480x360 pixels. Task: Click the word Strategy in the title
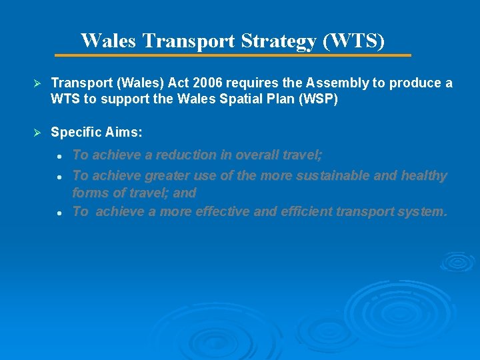pos(279,41)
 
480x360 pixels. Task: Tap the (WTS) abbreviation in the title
pos(354,41)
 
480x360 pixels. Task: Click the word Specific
pos(74,133)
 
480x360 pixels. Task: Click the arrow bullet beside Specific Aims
pos(38,133)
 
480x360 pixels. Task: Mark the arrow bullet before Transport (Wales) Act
pos(38,83)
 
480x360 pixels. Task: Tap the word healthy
pos(424,176)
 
